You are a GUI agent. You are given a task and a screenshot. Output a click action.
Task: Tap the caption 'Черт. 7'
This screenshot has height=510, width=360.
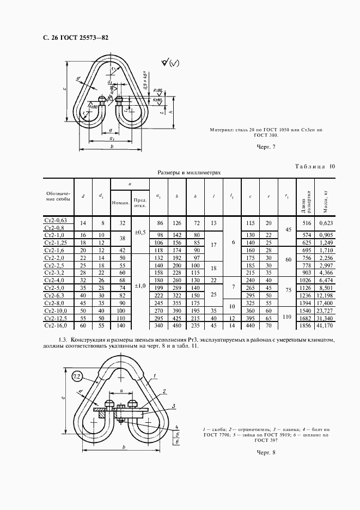266,147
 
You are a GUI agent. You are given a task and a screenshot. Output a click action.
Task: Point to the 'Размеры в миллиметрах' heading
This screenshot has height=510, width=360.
189,172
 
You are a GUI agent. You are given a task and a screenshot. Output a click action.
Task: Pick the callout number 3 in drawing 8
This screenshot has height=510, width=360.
173,406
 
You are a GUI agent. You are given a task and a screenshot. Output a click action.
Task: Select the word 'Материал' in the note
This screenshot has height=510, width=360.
223,130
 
